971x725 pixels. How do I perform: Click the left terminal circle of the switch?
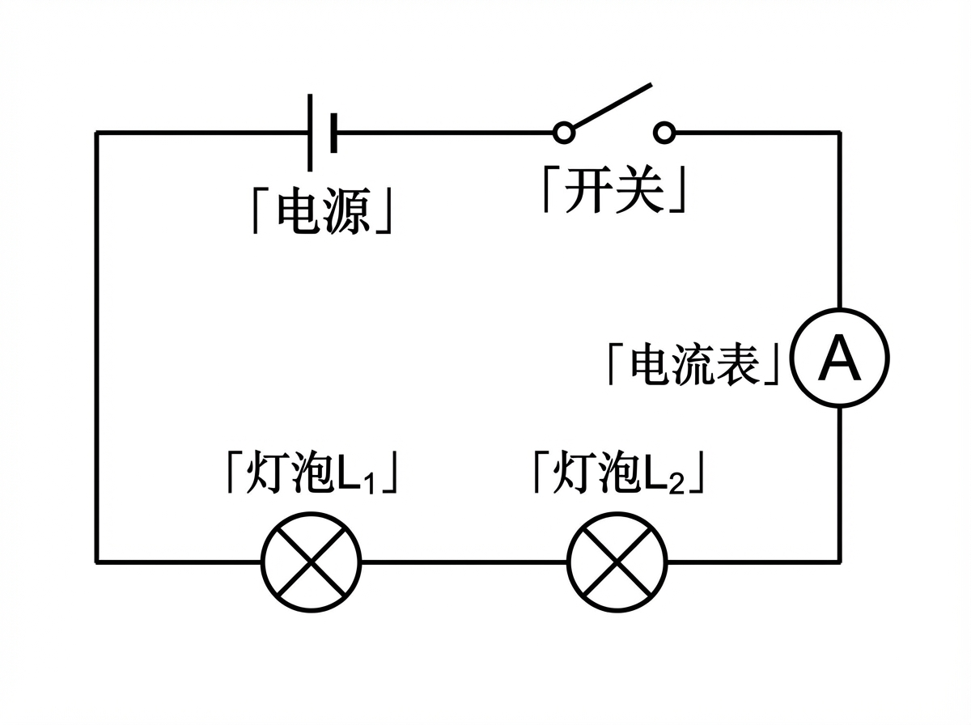pyautogui.click(x=564, y=132)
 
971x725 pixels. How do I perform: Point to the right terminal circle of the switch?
pyautogui.click(x=664, y=132)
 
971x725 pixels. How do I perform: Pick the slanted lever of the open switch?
pyautogui.click(x=611, y=106)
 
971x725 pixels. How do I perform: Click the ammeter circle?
pyautogui.click(x=839, y=358)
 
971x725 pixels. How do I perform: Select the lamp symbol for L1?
pyautogui.click(x=312, y=561)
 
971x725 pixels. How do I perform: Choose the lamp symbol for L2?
pyautogui.click(x=618, y=561)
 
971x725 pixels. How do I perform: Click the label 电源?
pyautogui.click(x=323, y=212)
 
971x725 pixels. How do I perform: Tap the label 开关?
pyautogui.click(x=614, y=191)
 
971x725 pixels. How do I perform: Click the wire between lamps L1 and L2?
pyautogui.click(x=464, y=561)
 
